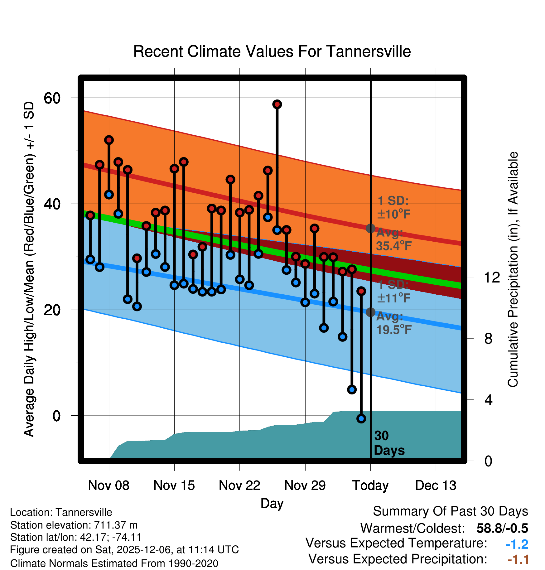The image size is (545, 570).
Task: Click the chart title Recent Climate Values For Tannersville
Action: point(272,51)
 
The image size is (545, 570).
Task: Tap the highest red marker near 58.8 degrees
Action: point(277,104)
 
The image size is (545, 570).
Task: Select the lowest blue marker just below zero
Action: point(361,419)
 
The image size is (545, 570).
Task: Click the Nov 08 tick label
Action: point(109,485)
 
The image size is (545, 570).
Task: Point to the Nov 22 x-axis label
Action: point(239,485)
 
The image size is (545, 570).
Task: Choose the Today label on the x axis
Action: point(370,485)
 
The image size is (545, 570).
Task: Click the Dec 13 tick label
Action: point(436,485)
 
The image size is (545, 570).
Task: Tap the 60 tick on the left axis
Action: point(52,98)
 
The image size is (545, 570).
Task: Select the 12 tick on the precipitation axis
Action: point(492,277)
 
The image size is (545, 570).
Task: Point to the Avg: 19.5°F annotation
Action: point(394,323)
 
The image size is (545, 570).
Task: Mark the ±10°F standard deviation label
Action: point(393,214)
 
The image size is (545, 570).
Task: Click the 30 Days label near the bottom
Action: point(389,443)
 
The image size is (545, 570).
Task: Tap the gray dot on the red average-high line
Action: point(370,229)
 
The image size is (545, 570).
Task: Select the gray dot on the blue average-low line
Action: point(370,312)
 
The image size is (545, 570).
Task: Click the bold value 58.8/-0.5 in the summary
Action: point(502,528)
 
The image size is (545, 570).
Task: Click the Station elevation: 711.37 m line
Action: point(74,525)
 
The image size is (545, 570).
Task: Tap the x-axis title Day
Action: point(272,503)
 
